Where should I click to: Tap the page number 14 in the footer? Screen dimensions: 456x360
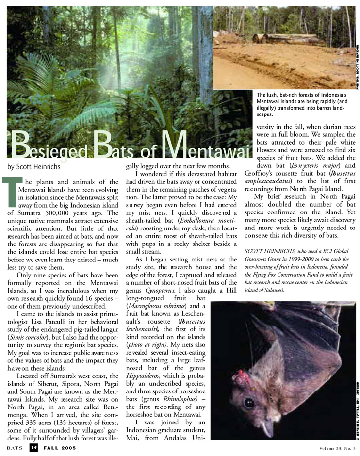[x=33, y=447]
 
